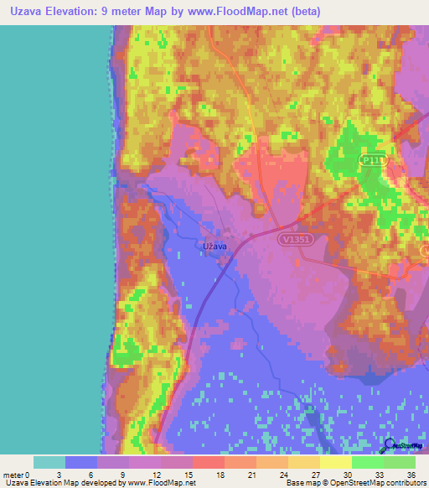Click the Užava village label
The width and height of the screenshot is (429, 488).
(x=216, y=247)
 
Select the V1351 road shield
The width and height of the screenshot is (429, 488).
(x=294, y=239)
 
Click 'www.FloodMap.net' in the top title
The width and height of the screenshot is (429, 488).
(x=251, y=13)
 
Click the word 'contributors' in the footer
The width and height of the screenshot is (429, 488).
(x=402, y=484)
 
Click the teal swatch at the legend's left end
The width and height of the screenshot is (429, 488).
(x=49, y=462)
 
